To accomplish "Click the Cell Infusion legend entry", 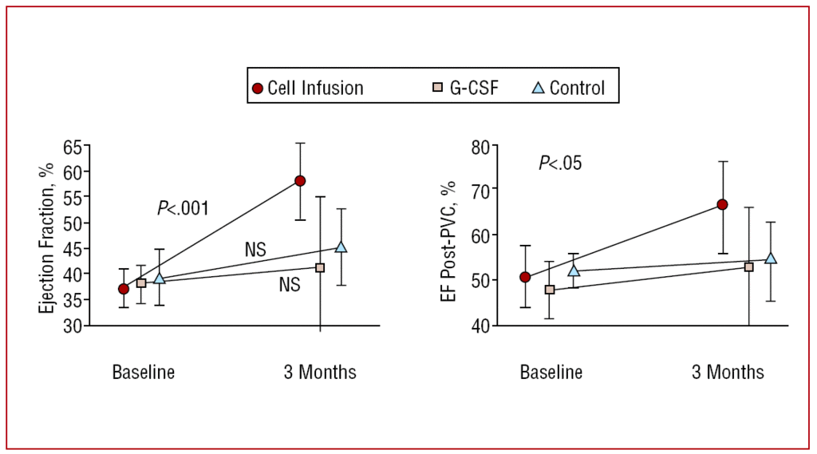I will (x=308, y=88).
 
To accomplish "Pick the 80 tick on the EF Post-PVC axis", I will (x=482, y=146).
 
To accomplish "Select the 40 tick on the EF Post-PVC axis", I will (x=482, y=326).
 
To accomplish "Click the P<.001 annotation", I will (x=183, y=208).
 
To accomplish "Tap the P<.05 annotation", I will (x=560, y=164).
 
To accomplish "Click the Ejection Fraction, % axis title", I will (x=49, y=236).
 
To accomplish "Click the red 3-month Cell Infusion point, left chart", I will (x=300, y=180).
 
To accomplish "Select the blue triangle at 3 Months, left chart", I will (x=341, y=247).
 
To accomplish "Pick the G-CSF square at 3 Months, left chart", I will (x=320, y=268).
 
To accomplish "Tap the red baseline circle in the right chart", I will (x=525, y=277).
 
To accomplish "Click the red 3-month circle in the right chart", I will (x=722, y=204).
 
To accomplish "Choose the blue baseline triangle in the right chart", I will (x=574, y=270).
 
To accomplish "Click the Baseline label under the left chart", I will (x=143, y=372).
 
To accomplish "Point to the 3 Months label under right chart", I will (x=728, y=372).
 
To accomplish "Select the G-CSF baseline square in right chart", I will (x=550, y=290).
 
